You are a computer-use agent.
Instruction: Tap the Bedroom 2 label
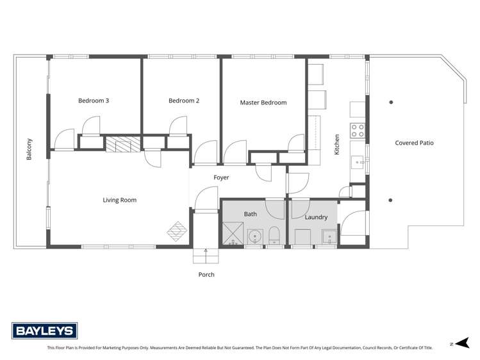(184, 101)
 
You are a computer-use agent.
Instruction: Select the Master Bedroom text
(263, 102)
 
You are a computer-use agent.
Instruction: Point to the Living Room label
(120, 200)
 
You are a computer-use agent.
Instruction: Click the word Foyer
(221, 177)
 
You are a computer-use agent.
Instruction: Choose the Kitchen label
(336, 145)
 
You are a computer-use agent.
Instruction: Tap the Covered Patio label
(414, 143)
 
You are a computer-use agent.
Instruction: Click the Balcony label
(29, 149)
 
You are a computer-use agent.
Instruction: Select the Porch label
(206, 274)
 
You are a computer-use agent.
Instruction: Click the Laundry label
(316, 217)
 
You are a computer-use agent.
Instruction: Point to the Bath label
(250, 213)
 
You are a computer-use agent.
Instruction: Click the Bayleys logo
(45, 331)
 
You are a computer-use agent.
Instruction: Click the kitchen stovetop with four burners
(358, 131)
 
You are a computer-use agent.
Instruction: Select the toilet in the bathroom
(274, 236)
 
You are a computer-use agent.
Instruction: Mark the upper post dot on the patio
(391, 102)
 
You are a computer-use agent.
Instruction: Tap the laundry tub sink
(329, 236)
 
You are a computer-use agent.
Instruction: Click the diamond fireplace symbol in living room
(178, 229)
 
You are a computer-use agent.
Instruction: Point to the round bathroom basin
(255, 236)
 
